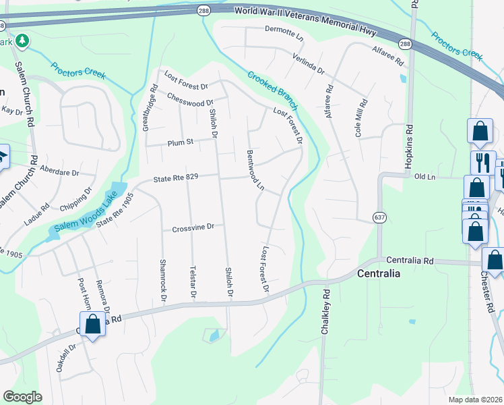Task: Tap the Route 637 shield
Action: pyautogui.click(x=379, y=217)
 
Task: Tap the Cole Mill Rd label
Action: pyautogui.click(x=363, y=119)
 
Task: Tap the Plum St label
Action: pyautogui.click(x=180, y=142)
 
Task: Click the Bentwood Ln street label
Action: pyautogui.click(x=254, y=170)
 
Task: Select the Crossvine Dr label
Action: pyautogui.click(x=192, y=227)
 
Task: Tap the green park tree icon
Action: pyautogui.click(x=22, y=41)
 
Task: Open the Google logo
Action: pyautogui.click(x=22, y=396)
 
